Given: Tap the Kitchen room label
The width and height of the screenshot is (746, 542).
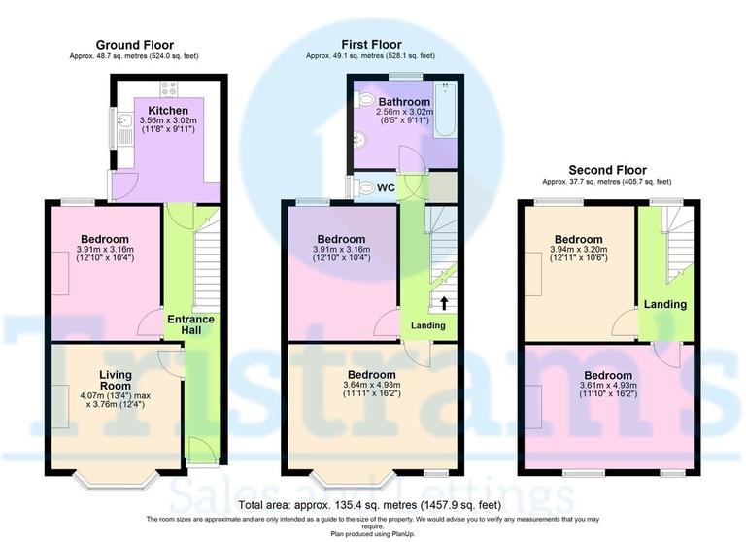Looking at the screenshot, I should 168,110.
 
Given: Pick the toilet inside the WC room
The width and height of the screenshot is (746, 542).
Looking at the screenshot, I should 363,187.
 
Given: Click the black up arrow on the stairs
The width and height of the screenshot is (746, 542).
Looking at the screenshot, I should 444,303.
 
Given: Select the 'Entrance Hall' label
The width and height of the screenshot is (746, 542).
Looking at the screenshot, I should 190,325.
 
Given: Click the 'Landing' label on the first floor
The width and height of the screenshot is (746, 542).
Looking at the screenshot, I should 428,325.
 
